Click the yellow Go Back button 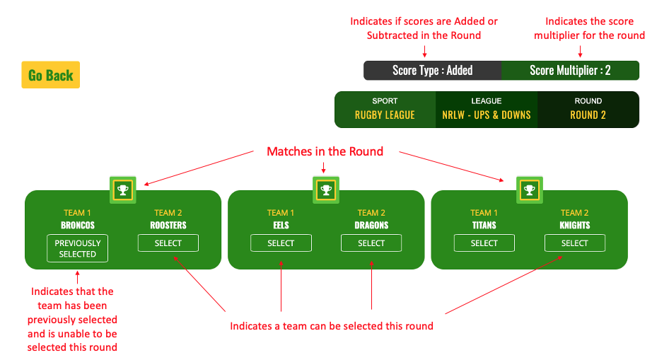[x=51, y=75]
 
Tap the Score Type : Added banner [x=432, y=71]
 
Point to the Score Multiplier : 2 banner [x=570, y=71]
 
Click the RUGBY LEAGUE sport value [x=385, y=115]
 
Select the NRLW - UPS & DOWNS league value [x=487, y=115]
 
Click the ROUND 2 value [x=588, y=115]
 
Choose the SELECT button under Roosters [x=168, y=243]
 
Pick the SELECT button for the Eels [x=281, y=243]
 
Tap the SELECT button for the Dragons [x=371, y=243]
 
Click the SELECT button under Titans [x=484, y=243]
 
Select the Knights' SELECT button [x=575, y=243]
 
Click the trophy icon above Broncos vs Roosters [x=123, y=190]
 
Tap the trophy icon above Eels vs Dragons [x=326, y=190]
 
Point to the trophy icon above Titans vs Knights [x=530, y=190]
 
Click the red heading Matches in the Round [x=325, y=151]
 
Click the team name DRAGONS [x=371, y=225]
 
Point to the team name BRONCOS [x=78, y=225]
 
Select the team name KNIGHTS [x=575, y=225]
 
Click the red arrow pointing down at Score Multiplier [x=581, y=52]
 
